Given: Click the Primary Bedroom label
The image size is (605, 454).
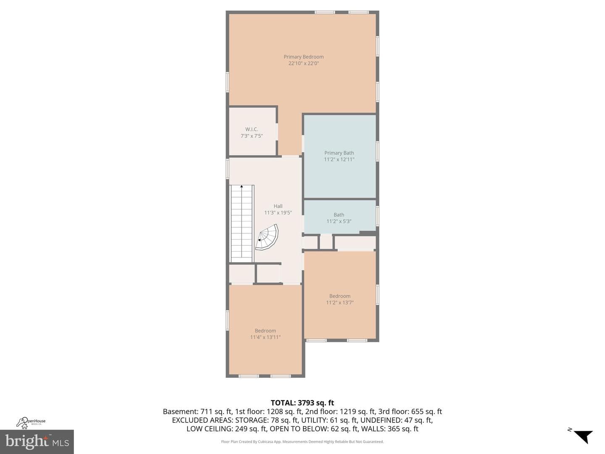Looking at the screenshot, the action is pyautogui.click(x=303, y=57).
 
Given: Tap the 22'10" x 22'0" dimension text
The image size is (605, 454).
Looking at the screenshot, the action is pyautogui.click(x=303, y=63).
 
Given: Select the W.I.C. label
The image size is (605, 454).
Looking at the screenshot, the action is pyautogui.click(x=252, y=129).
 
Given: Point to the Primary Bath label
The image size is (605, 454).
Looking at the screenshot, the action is pyautogui.click(x=339, y=153).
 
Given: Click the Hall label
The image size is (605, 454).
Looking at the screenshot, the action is pyautogui.click(x=278, y=206).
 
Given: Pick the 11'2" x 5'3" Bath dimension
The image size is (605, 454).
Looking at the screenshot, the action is pyautogui.click(x=339, y=222).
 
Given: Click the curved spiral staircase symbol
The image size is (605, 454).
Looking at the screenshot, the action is pyautogui.click(x=267, y=238).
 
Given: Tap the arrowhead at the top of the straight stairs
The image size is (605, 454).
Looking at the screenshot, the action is pyautogui.click(x=242, y=187).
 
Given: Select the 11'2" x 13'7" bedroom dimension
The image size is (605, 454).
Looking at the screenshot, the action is pyautogui.click(x=340, y=303).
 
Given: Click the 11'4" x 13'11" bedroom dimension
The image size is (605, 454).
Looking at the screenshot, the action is pyautogui.click(x=265, y=337).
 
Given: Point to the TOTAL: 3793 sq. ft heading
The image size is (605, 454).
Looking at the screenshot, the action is pyautogui.click(x=302, y=403).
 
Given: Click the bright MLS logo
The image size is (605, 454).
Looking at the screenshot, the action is pyautogui.click(x=37, y=442).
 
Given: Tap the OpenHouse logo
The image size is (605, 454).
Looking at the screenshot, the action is pyautogui.click(x=31, y=422).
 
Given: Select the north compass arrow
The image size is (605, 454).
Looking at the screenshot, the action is pyautogui.click(x=584, y=436).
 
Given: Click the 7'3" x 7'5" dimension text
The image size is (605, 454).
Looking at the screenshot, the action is pyautogui.click(x=252, y=136).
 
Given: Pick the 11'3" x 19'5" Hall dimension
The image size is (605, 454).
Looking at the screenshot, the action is pyautogui.click(x=278, y=213).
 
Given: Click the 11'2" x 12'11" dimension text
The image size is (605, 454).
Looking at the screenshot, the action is pyautogui.click(x=339, y=160).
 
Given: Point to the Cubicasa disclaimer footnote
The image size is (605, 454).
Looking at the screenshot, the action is pyautogui.click(x=302, y=442).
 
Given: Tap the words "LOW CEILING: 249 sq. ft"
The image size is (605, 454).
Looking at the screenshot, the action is pyautogui.click(x=227, y=429).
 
